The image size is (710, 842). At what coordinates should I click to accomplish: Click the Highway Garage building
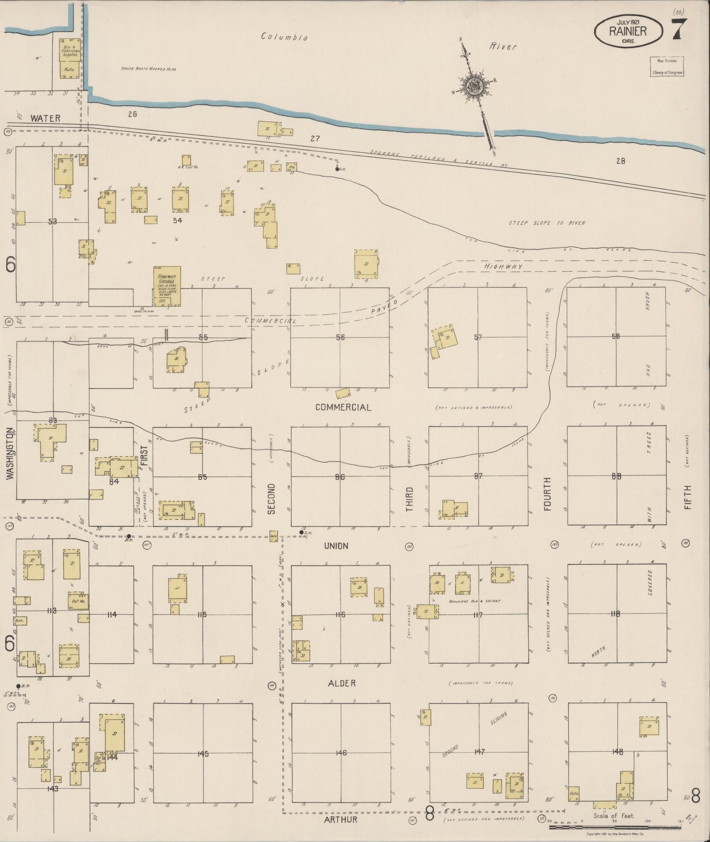click(x=167, y=285)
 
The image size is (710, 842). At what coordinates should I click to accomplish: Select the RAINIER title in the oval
click(x=628, y=31)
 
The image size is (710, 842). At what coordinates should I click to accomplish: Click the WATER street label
click(x=45, y=118)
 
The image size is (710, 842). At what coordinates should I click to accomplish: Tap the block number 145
click(x=202, y=753)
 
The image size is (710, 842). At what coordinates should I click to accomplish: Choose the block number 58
click(x=616, y=336)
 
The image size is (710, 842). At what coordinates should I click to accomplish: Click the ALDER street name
click(x=342, y=683)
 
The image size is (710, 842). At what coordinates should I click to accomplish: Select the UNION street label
click(x=336, y=546)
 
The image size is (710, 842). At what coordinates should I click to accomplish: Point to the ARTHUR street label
click(x=341, y=820)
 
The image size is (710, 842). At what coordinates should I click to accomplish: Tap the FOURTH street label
click(x=548, y=493)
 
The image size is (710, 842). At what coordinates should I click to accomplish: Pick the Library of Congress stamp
click(x=666, y=66)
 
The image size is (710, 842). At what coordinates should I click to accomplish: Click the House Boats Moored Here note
click(x=149, y=69)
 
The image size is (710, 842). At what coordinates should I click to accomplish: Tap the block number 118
click(x=615, y=614)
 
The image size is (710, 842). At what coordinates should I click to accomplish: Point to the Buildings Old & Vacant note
click(x=475, y=601)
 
